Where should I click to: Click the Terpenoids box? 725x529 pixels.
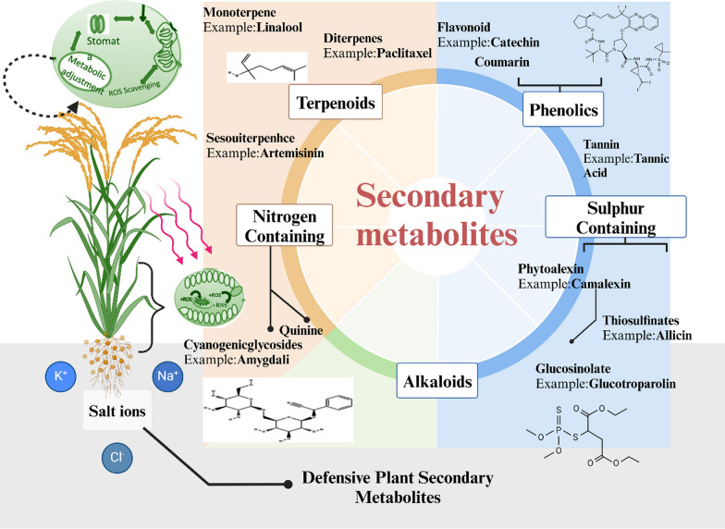(334, 105)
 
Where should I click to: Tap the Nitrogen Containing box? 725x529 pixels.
(284, 225)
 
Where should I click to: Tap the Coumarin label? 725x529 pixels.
(503, 62)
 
